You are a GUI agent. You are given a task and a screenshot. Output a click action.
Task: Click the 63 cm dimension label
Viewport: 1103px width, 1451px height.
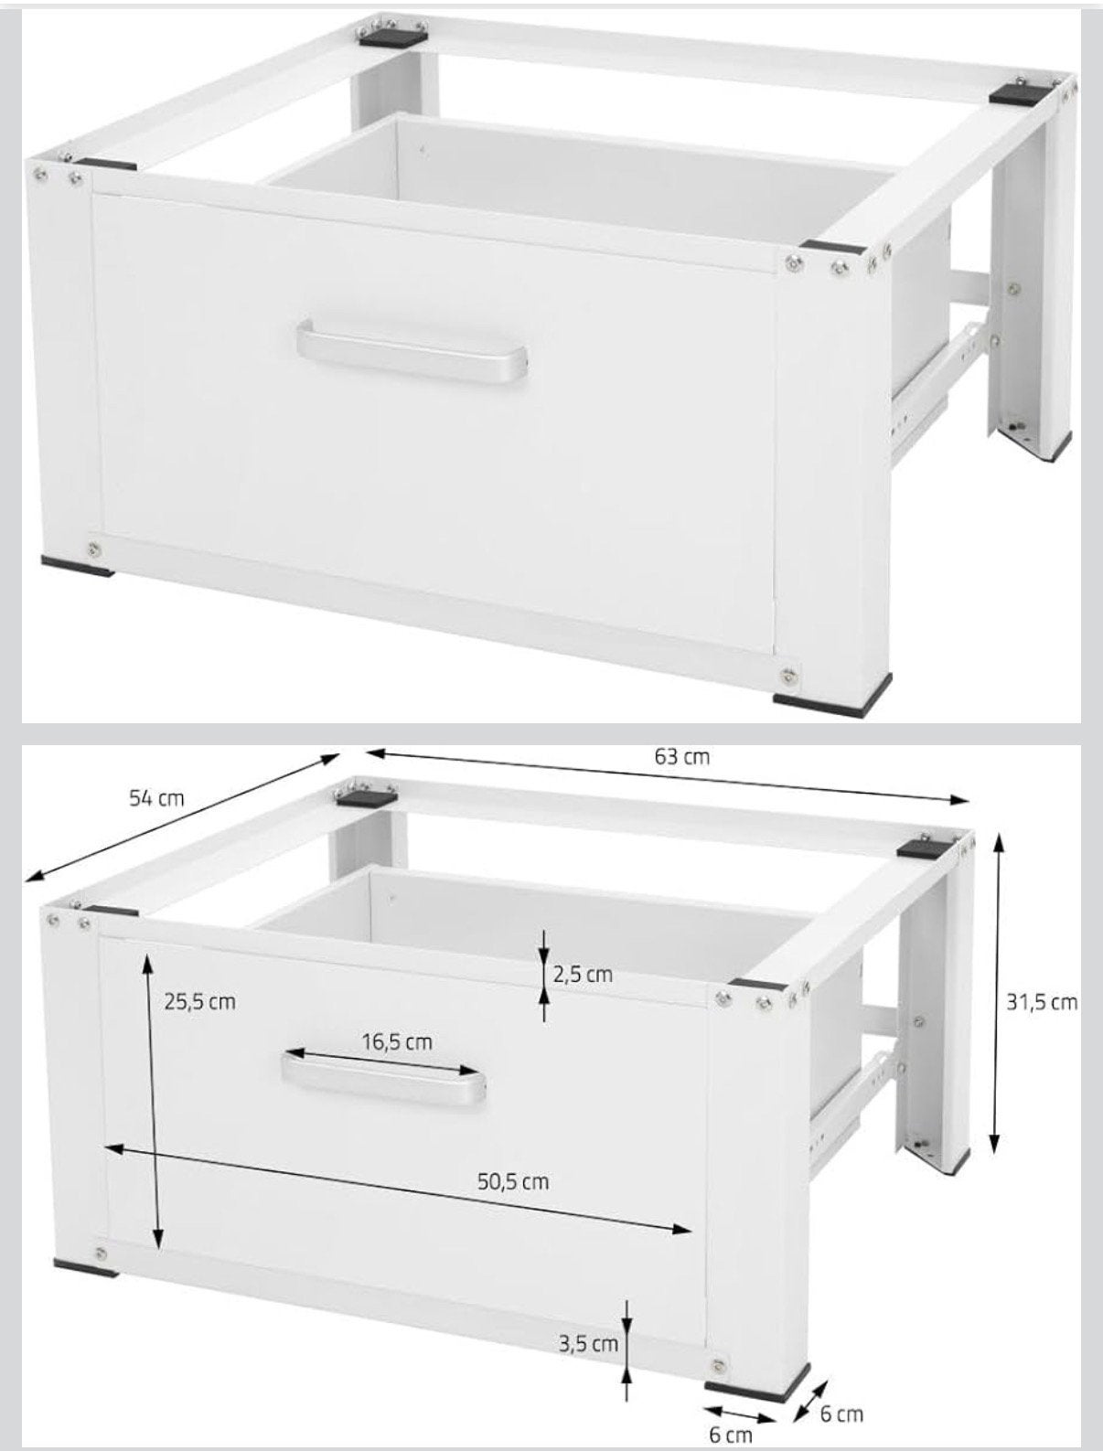[x=681, y=757]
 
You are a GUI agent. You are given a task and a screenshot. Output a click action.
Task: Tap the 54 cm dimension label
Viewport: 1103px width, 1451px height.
[x=156, y=798]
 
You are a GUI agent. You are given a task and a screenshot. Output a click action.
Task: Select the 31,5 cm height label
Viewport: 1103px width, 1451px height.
[x=1042, y=1002]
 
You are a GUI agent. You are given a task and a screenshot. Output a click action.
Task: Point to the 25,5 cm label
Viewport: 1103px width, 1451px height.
[x=200, y=1001]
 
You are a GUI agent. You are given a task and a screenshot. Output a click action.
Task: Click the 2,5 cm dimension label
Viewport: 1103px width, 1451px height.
[x=583, y=975]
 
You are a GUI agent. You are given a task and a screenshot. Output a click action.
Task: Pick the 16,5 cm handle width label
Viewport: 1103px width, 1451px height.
[x=397, y=1042]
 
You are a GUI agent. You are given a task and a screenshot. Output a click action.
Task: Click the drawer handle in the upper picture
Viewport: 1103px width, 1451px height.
[x=411, y=350]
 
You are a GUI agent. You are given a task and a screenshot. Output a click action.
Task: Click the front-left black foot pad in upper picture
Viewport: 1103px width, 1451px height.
[x=77, y=565]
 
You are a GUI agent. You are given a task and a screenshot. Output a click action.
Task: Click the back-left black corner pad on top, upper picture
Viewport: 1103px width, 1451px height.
[x=393, y=36]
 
